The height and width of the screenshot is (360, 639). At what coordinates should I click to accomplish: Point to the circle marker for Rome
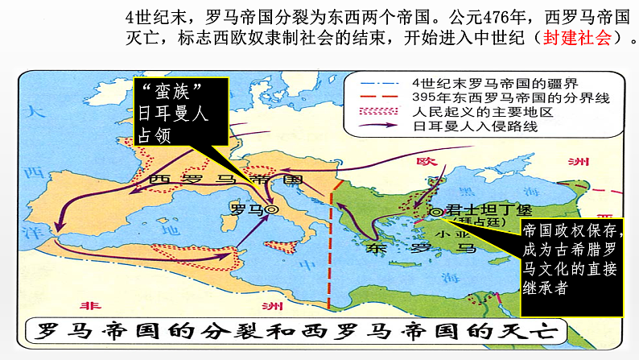point(271,209)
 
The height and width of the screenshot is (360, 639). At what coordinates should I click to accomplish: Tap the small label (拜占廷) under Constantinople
point(472,218)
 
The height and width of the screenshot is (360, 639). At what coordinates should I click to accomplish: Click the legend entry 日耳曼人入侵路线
point(462,126)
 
